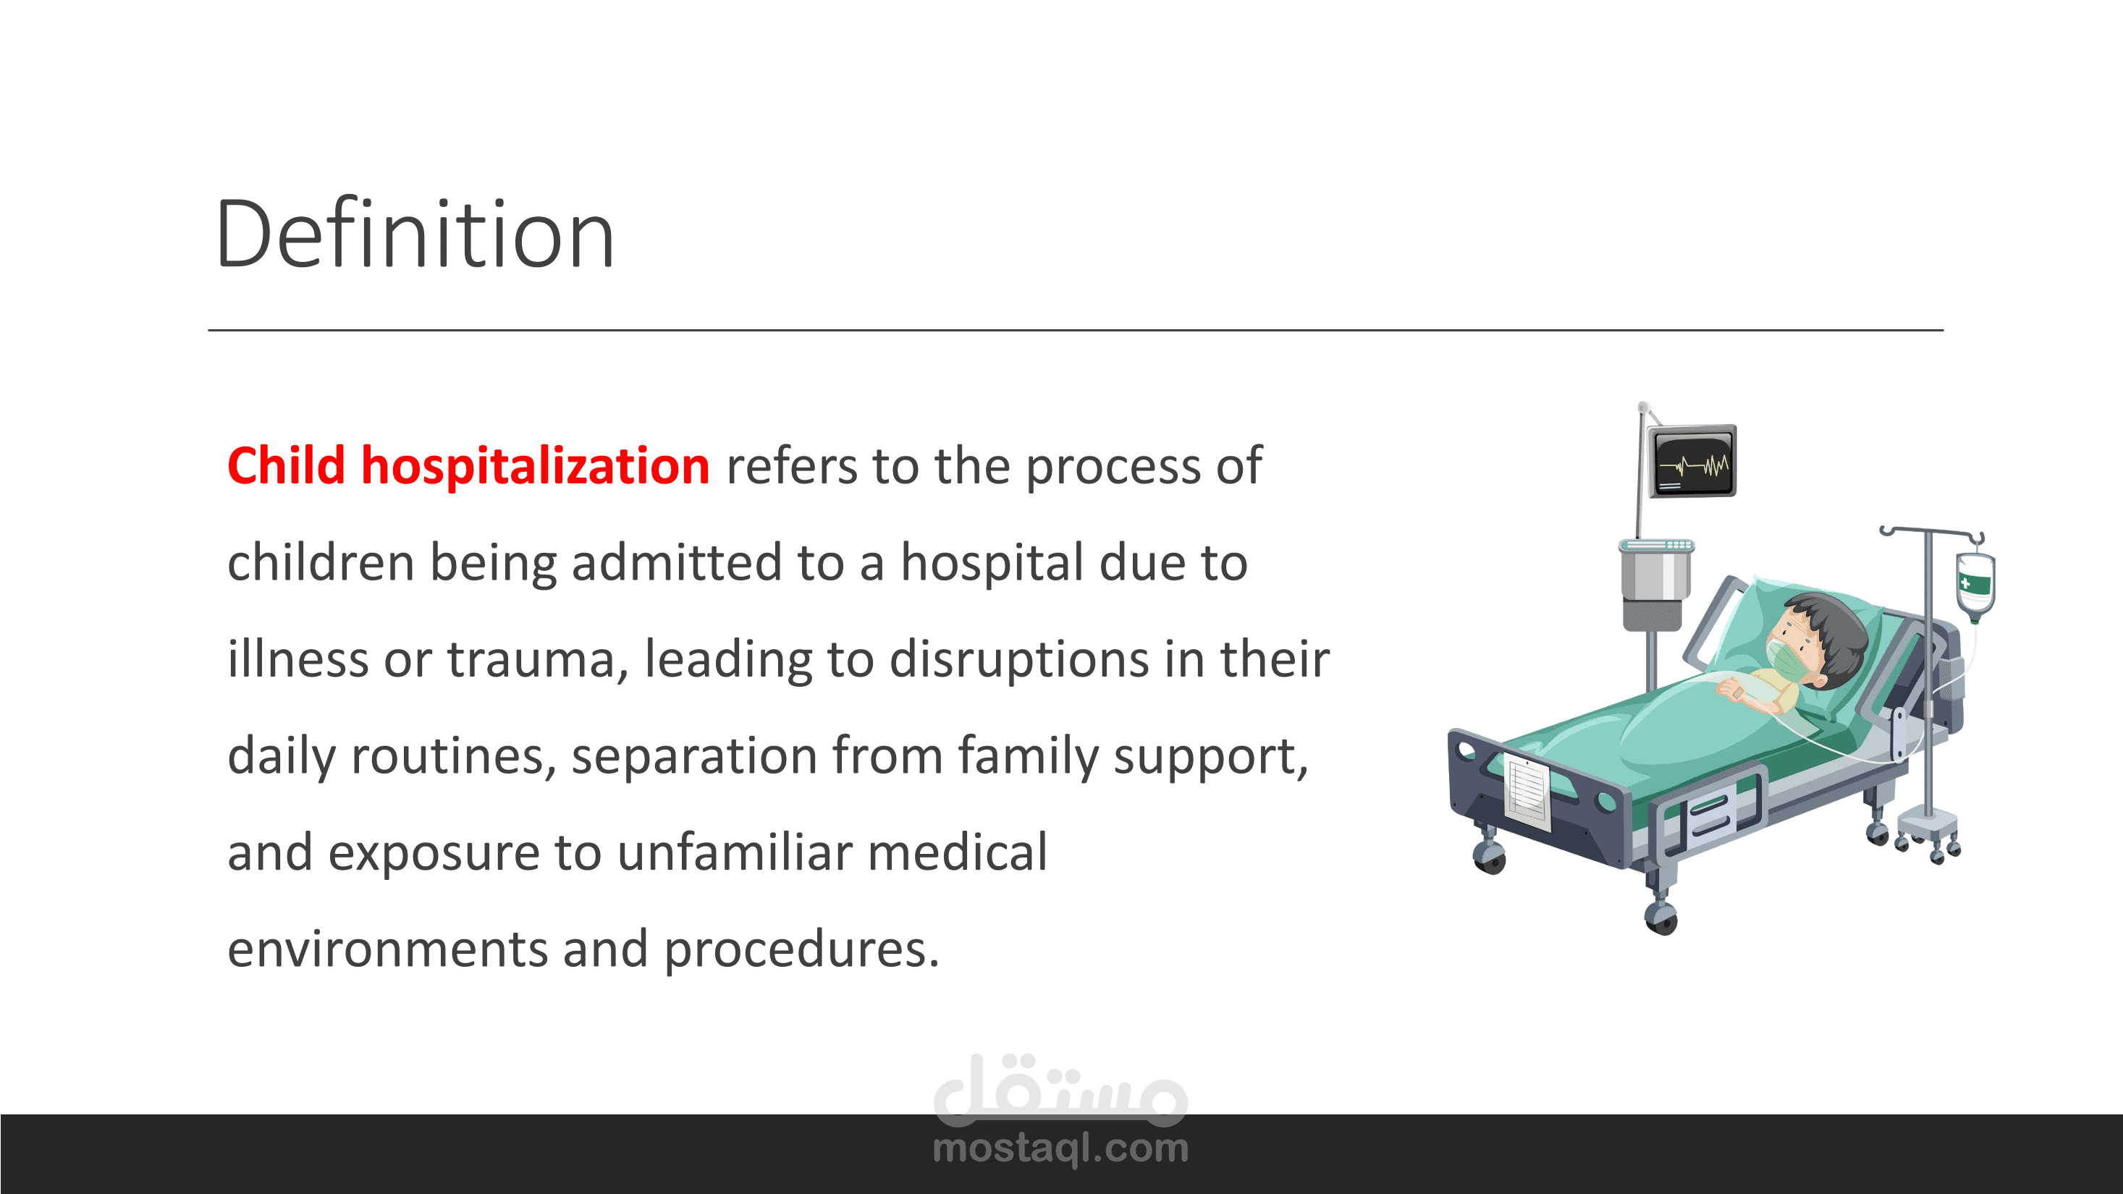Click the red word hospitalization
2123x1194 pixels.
point(536,467)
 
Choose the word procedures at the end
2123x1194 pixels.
point(801,950)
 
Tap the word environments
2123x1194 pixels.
point(387,950)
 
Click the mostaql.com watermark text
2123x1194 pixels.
point(1060,1148)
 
